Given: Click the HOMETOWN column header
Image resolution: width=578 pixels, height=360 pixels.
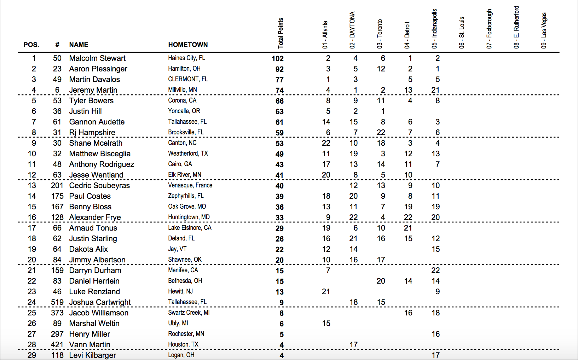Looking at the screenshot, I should click(x=188, y=45).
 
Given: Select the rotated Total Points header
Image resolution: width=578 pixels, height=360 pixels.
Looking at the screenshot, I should click(x=281, y=33).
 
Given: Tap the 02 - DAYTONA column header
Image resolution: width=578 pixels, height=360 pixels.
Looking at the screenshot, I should click(x=352, y=30).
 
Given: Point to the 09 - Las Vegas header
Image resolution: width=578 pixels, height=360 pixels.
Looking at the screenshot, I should click(x=544, y=30).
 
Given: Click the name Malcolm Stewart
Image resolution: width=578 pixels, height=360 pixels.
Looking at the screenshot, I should click(x=97, y=58).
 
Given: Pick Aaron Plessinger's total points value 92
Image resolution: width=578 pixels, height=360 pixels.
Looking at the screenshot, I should click(x=279, y=69).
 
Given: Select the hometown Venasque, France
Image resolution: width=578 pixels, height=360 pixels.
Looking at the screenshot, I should click(x=190, y=185).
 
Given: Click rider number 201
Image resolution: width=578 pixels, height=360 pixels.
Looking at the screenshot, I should click(x=57, y=186).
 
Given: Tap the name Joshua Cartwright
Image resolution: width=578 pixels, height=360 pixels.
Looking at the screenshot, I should click(x=100, y=302).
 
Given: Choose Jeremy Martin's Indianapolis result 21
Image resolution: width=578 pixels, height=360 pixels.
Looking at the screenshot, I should click(x=435, y=90).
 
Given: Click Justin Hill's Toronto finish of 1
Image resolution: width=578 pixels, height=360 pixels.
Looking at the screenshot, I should click(x=383, y=111).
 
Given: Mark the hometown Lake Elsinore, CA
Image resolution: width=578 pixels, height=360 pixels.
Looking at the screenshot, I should click(x=190, y=228).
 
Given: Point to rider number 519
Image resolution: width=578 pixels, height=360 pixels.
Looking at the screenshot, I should click(x=57, y=302).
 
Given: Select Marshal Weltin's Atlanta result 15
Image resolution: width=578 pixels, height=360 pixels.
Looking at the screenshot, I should click(x=326, y=324).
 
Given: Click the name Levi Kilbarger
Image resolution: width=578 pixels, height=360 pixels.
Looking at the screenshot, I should click(x=92, y=355).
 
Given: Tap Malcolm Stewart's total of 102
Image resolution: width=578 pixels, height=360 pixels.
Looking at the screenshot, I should click(x=277, y=59).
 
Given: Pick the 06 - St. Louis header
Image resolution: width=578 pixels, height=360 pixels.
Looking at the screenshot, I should click(x=462, y=33).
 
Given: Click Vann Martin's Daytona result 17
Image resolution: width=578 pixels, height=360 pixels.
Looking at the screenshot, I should click(x=353, y=344).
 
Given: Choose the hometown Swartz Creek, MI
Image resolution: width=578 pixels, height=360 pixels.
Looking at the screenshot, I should click(x=189, y=313).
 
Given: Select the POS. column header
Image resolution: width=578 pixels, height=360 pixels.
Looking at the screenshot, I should click(x=31, y=45).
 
